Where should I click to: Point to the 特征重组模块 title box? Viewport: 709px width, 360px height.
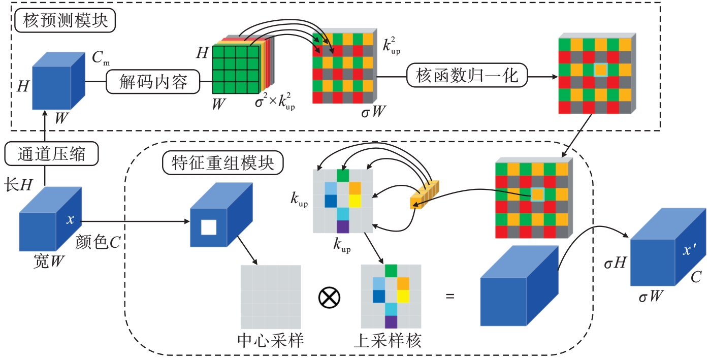click(x=222, y=162)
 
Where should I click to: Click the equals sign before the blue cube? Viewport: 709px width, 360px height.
click(x=449, y=296)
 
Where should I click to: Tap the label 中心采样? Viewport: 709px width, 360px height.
click(x=271, y=341)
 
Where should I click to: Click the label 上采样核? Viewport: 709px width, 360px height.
click(x=391, y=341)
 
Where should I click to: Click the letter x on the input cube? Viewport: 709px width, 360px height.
click(x=71, y=220)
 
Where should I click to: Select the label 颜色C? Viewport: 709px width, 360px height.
click(x=98, y=242)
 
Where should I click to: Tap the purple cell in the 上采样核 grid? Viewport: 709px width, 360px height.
click(x=391, y=322)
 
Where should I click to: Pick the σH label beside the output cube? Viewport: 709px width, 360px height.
click(x=614, y=264)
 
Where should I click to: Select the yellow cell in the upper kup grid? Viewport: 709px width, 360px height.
click(x=354, y=201)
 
